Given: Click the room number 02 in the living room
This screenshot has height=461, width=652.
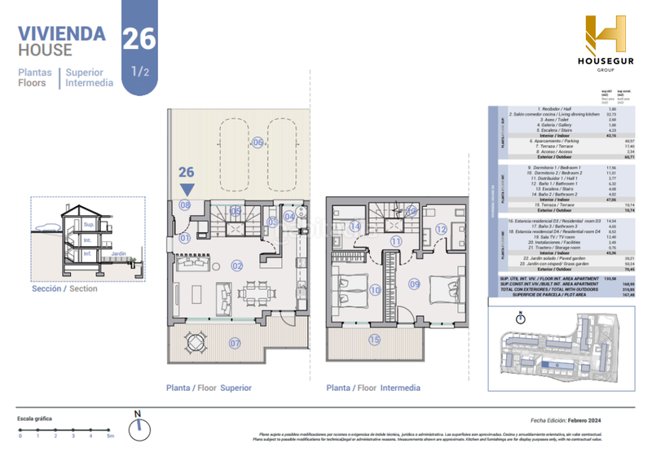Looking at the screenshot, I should [237, 265].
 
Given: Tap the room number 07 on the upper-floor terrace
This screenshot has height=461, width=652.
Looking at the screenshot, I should [235, 343].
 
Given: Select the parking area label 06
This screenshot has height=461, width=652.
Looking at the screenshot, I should [257, 143].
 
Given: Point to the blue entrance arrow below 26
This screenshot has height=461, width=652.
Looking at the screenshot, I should [187, 189].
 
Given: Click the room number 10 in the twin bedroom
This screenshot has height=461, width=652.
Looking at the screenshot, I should [375, 289].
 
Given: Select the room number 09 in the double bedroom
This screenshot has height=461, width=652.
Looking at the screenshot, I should [414, 284].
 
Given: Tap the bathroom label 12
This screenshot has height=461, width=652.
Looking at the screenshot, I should [440, 230].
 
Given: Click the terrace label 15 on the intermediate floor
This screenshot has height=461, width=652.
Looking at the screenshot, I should [374, 340].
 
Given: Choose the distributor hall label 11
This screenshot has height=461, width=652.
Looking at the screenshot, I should [396, 241].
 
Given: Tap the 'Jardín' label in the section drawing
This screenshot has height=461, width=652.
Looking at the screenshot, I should [119, 252].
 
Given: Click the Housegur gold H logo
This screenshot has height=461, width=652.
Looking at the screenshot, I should [605, 36].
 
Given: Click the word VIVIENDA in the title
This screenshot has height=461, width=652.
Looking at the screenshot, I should [62, 33].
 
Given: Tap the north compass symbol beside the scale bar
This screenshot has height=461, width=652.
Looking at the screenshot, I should [139, 424].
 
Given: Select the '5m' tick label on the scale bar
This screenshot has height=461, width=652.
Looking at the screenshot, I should [109, 437].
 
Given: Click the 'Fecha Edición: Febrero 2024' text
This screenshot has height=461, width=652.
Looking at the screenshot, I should [570, 420].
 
